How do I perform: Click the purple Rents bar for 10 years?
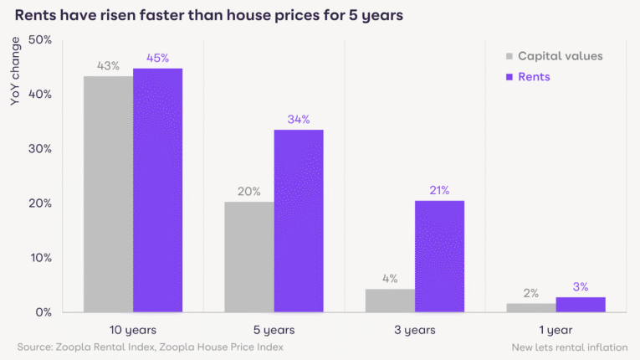pyautogui.click(x=157, y=190)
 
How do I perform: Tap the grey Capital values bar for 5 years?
pyautogui.click(x=249, y=257)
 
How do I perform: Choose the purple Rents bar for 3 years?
pyautogui.click(x=439, y=256)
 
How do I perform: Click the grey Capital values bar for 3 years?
pyautogui.click(x=390, y=301)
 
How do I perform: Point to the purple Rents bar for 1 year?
pyautogui.click(x=581, y=305)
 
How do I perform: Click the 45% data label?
pyautogui.click(x=157, y=58)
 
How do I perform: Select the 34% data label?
pyautogui.click(x=299, y=119)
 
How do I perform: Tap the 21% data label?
pyautogui.click(x=439, y=190)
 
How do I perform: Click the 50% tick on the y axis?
pyautogui.click(x=40, y=40)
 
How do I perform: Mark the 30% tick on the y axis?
pyautogui.click(x=40, y=149)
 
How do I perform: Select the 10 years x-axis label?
pyautogui.click(x=133, y=329)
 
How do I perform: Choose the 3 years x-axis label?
pyautogui.click(x=415, y=329)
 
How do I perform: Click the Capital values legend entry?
pyautogui.click(x=553, y=56)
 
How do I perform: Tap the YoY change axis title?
pyautogui.click(x=14, y=75)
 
